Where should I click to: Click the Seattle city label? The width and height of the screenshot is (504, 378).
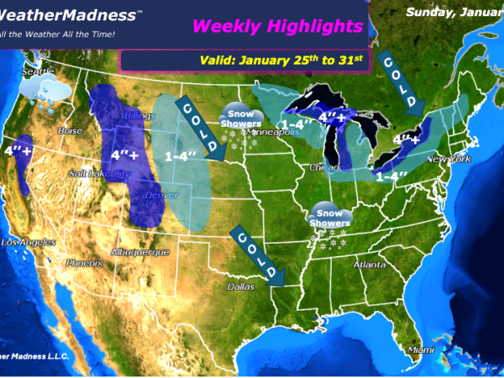tap(37, 72)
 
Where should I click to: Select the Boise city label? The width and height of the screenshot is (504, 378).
tap(71, 131)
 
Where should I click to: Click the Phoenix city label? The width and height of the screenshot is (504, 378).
tap(85, 263)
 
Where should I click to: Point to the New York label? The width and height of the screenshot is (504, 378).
tap(444, 159)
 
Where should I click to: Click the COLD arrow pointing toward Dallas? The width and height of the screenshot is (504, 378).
tap(259, 255)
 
